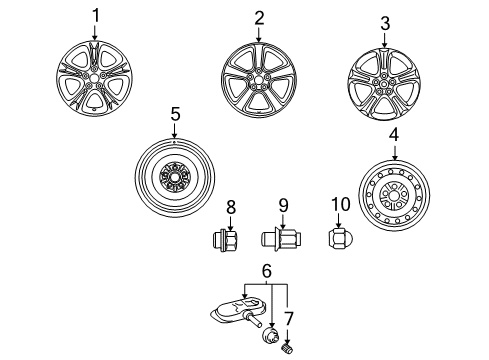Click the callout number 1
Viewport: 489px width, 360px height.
(97, 15)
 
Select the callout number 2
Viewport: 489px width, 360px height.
(258, 17)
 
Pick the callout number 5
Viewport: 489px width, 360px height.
(175, 115)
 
